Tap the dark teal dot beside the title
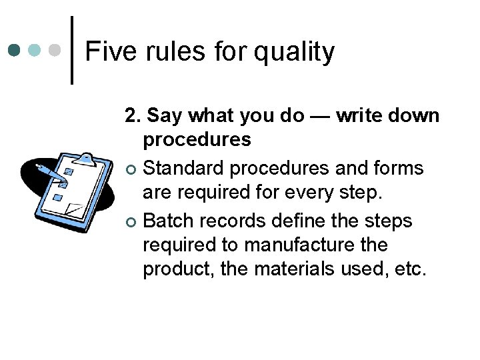[x=14, y=50]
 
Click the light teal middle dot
[x=35, y=50]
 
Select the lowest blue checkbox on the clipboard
[x=57, y=198]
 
